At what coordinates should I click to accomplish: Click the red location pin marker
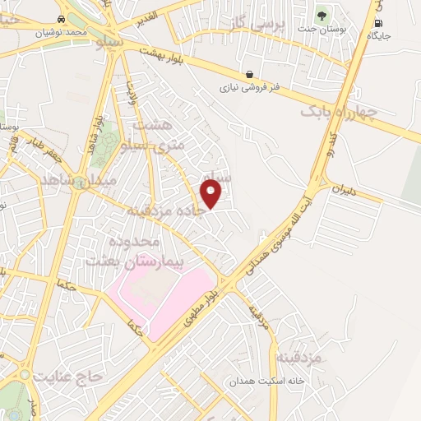(x=211, y=194)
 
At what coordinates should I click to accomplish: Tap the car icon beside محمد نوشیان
(x=62, y=18)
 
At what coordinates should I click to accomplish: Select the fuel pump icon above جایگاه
(x=377, y=24)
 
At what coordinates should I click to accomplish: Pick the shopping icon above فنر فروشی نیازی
(x=248, y=74)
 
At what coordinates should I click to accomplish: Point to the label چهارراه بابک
(x=338, y=111)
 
